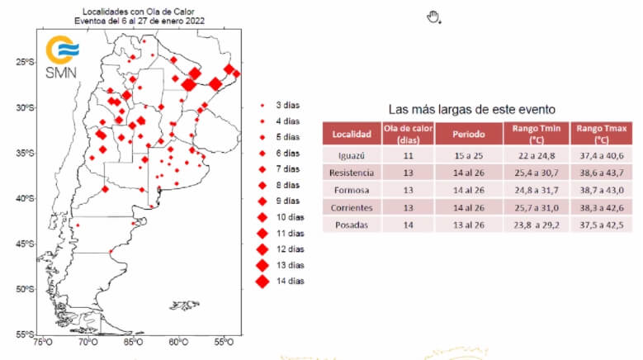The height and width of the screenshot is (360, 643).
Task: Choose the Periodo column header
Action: click(x=467, y=134)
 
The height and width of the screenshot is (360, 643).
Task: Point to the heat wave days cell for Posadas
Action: click(x=408, y=225)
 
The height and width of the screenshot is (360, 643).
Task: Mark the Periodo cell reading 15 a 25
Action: click(x=467, y=155)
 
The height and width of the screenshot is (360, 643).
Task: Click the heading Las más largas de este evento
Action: click(x=471, y=109)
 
